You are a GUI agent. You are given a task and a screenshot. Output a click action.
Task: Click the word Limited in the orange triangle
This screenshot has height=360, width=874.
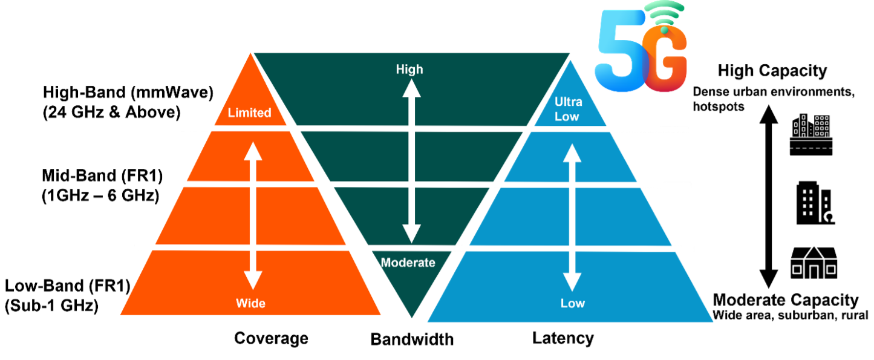pyautogui.click(x=249, y=113)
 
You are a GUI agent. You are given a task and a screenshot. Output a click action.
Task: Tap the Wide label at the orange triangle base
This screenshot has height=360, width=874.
pyautogui.click(x=250, y=303)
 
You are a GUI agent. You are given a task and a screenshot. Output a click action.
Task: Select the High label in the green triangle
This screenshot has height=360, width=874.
pyautogui.click(x=409, y=70)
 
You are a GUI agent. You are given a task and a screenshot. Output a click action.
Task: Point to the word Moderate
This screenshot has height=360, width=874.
pyautogui.click(x=408, y=263)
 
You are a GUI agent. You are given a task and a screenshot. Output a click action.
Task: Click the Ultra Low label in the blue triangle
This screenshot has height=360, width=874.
pyautogui.click(x=568, y=109)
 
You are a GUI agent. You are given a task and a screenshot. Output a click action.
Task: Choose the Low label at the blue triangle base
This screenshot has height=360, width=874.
pyautogui.click(x=572, y=303)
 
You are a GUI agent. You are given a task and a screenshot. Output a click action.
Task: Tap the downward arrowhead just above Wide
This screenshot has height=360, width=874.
pyautogui.click(x=253, y=279)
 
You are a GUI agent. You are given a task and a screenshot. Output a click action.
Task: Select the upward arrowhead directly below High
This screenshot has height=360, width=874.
pyautogui.click(x=412, y=88)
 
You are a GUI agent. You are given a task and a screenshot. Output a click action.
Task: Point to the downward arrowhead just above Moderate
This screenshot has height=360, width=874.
pyautogui.click(x=412, y=233)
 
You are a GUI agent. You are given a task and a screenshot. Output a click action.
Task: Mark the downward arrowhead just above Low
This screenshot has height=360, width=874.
pyautogui.click(x=572, y=281)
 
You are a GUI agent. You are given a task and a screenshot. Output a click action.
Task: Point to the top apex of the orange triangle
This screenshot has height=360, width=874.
pyautogui.click(x=250, y=53)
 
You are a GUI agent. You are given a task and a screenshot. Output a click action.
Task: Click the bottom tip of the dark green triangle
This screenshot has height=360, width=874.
pyautogui.click(x=411, y=316)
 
